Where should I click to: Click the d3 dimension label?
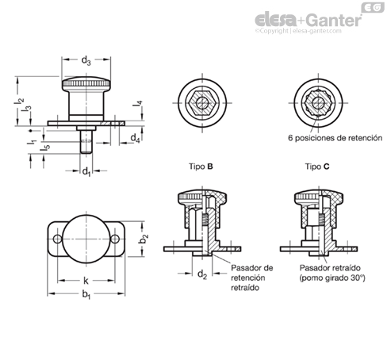point(86,61)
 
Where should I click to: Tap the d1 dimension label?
point(86,172)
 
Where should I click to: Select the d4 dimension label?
point(135,138)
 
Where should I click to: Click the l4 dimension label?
point(137,104)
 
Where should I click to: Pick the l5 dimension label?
point(45,148)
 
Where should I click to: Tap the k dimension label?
point(86,281)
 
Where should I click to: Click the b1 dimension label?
point(86,294)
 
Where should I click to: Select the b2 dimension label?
point(144,239)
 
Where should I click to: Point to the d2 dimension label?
point(202,274)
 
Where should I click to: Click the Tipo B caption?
point(201,167)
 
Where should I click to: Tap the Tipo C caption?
point(317,167)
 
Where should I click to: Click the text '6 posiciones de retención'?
point(335,138)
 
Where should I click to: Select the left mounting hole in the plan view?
point(57,239)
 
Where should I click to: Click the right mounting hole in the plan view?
point(115,239)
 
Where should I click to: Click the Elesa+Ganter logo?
point(308,20)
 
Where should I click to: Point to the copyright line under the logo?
point(298,31)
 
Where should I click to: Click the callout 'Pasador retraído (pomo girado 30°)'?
point(332,273)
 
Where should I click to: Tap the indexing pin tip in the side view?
point(86,151)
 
